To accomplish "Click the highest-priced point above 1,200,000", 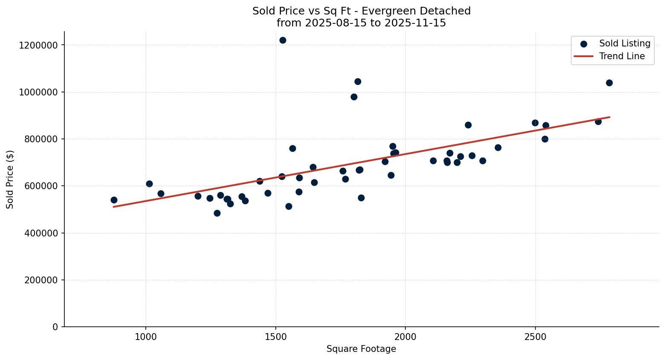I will (x=283, y=40).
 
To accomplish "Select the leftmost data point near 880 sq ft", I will (x=114, y=200).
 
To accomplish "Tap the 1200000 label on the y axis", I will (x=38, y=45).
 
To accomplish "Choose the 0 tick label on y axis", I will (x=55, y=327).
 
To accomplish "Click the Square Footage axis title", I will (x=361, y=349).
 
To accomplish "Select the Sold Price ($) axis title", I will (x=10, y=179).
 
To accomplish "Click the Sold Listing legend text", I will (x=625, y=43).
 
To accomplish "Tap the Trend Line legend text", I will (x=622, y=56).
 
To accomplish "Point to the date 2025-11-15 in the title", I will (x=415, y=23).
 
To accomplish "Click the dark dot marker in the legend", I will (x=584, y=44).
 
